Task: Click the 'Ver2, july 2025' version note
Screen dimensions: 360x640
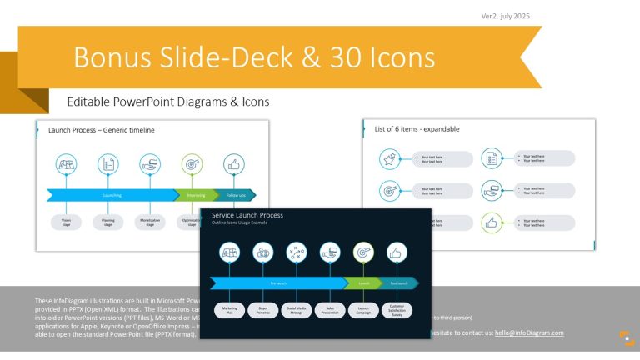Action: tap(505, 16)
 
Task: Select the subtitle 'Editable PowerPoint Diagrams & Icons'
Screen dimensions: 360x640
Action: tap(168, 102)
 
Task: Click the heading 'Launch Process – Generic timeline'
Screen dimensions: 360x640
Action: tap(102, 130)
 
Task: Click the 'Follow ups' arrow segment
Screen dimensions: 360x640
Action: tap(236, 196)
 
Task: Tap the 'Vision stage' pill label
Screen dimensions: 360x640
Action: tap(67, 222)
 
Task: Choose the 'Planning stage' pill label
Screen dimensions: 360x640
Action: tap(108, 222)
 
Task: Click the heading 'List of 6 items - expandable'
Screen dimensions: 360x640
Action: tap(417, 129)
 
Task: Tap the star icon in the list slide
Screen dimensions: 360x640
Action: tap(388, 158)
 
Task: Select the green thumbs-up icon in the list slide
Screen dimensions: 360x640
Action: tap(492, 222)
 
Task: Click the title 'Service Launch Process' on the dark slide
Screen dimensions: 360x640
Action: tap(247, 215)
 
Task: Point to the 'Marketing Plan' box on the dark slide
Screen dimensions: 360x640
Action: tap(229, 311)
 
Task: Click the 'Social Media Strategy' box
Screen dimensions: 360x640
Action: tap(296, 311)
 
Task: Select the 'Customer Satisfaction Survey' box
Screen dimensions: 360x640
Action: tap(396, 311)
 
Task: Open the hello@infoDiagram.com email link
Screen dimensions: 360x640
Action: tap(529, 332)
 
